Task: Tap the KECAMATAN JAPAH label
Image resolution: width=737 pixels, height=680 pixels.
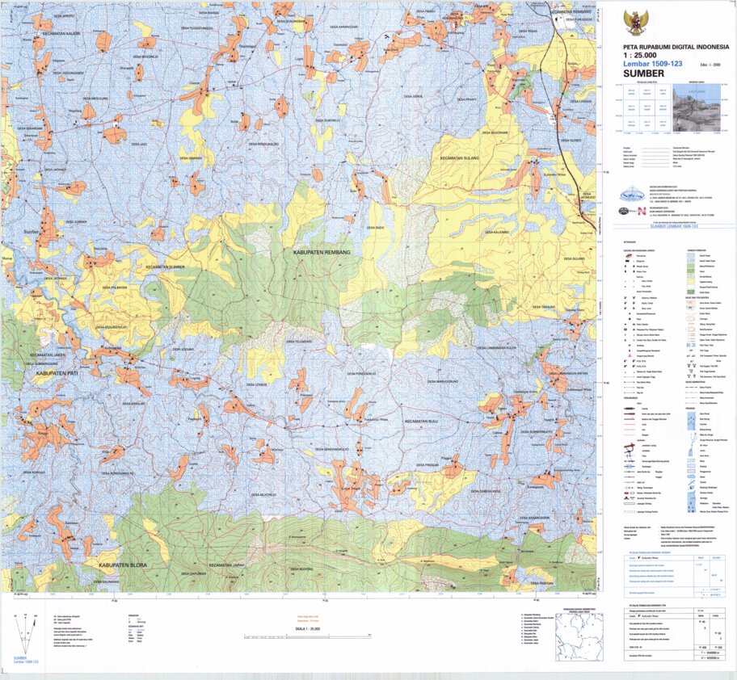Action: click(227, 565)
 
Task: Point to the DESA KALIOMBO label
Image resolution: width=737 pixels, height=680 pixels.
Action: click(495, 233)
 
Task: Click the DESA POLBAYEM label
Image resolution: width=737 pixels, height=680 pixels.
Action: click(116, 287)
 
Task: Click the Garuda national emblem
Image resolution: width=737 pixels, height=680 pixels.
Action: click(636, 22)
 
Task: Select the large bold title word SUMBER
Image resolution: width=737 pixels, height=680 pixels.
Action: click(639, 73)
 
